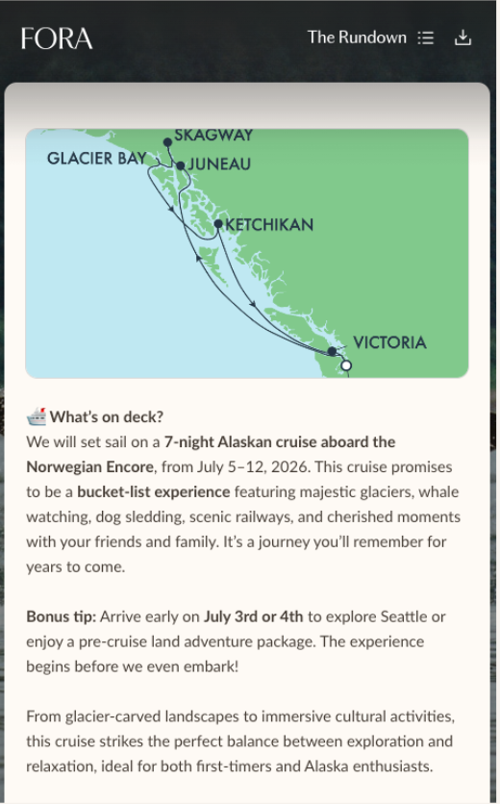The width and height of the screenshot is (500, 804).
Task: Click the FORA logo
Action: [57, 38]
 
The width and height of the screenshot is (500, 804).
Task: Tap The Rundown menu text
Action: [357, 38]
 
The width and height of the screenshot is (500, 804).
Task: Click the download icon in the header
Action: [463, 38]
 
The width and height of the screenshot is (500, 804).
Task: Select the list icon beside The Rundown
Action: [426, 38]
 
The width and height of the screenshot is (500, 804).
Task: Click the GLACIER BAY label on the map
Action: [96, 159]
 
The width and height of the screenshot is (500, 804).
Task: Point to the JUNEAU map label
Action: [219, 164]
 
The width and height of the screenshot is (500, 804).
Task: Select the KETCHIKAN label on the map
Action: [269, 225]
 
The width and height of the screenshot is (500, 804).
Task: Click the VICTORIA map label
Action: [389, 343]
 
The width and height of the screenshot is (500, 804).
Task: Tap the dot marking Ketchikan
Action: [218, 224]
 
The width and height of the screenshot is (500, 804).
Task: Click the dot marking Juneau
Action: [180, 164]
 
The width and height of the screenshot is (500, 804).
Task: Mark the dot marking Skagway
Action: [167, 142]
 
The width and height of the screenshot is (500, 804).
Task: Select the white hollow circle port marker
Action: [346, 365]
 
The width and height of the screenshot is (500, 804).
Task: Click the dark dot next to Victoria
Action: [332, 352]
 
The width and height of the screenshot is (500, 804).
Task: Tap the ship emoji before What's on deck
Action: [37, 416]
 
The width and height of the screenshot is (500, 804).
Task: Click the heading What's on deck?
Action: [107, 416]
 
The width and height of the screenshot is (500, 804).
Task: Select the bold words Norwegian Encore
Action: [90, 466]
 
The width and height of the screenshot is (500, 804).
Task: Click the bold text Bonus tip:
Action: [61, 616]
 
